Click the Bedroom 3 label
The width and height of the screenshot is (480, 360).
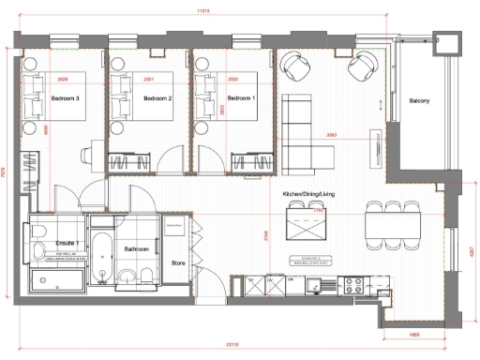tap(65, 98)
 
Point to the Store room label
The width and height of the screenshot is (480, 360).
tap(179, 263)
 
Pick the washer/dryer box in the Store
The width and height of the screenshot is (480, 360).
tap(178, 234)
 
